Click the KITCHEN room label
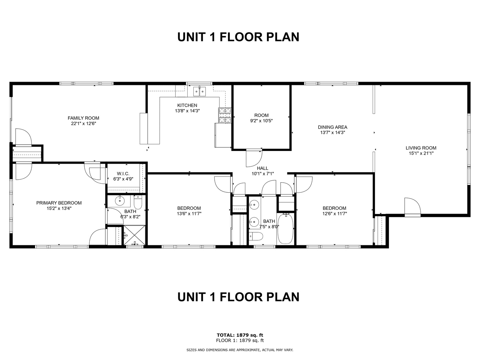[187, 105]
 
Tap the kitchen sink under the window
[199, 91]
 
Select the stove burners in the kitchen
[225, 115]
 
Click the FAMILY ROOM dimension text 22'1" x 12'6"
[84, 123]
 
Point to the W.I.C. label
[123, 174]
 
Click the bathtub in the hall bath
[285, 229]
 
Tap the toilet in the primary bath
[138, 202]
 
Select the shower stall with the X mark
[134, 235]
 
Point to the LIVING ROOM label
[421, 148]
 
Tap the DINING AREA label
[332, 127]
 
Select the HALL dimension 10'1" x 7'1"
[263, 174]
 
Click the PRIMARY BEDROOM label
[59, 203]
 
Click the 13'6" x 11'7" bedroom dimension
[189, 214]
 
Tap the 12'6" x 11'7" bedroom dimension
[335, 214]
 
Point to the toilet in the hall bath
[256, 236]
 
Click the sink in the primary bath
[120, 201]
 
